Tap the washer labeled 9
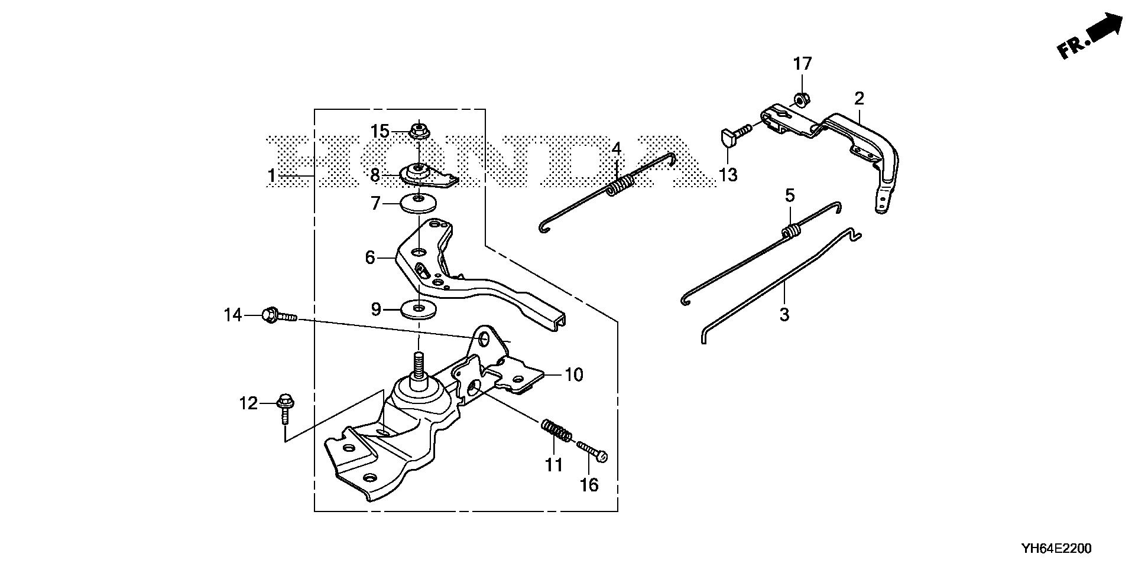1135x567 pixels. point(419,308)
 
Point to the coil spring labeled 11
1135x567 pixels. point(556,430)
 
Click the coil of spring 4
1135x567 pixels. point(621,184)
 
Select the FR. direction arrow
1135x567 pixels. point(1091,36)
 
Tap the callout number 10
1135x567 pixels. point(573,374)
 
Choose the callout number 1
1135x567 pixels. point(271,176)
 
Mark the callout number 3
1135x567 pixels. point(784,315)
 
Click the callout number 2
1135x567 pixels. point(859,98)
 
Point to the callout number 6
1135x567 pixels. point(371,258)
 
